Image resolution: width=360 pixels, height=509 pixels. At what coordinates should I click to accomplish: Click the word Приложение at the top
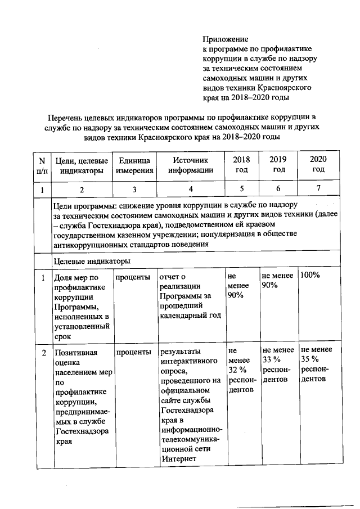tap(226, 39)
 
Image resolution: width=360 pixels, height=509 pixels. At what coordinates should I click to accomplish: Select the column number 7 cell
tap(318, 189)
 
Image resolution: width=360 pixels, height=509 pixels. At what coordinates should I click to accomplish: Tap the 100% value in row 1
tap(310, 276)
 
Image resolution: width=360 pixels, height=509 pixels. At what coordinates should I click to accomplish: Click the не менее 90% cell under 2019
tap(278, 281)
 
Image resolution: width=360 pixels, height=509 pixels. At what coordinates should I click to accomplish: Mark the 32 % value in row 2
tap(237, 370)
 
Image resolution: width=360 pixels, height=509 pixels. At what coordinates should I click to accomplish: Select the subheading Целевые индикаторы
tap(92, 262)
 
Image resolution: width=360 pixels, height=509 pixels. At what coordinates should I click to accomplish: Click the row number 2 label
tap(43, 352)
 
